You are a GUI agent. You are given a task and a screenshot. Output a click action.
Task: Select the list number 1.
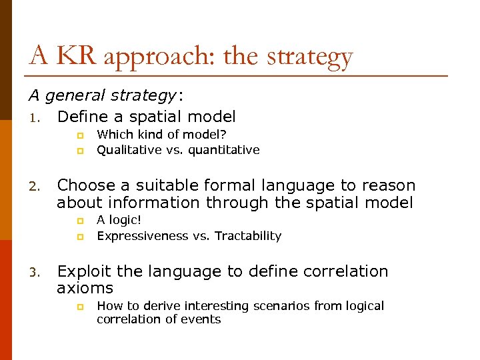(35, 117)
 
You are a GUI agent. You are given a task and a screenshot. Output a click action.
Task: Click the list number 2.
(35, 186)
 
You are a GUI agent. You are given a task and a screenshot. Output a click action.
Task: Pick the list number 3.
(35, 272)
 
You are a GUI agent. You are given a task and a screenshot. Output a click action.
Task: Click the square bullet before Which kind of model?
(79, 135)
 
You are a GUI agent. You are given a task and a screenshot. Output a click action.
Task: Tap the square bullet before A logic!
(79, 220)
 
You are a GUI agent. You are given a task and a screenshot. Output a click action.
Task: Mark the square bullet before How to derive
(79, 307)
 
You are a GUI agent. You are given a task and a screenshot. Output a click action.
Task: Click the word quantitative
(223, 150)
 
